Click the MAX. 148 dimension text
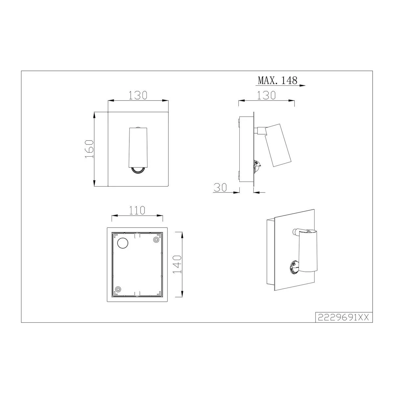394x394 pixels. click(277, 80)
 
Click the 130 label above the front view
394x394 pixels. click(138, 95)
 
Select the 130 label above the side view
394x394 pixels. click(266, 95)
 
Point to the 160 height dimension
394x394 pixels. click(89, 149)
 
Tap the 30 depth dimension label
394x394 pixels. click(220, 187)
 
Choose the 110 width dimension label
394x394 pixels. click(137, 210)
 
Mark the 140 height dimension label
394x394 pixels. click(177, 264)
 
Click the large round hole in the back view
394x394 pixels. click(122, 243)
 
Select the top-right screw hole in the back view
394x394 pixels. click(156, 240)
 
